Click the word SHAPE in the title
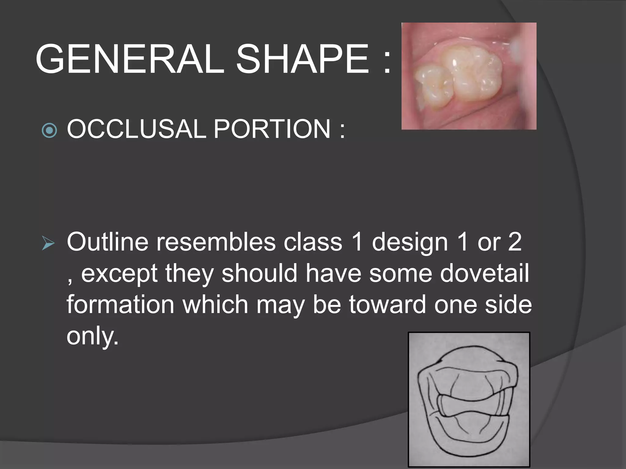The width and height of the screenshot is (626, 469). point(303,59)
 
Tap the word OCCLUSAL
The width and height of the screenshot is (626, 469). point(136,129)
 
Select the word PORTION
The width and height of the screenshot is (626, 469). point(272,129)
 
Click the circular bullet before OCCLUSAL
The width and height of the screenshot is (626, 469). point(49,131)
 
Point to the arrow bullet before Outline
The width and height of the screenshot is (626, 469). point(48,244)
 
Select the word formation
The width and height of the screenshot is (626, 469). point(120,304)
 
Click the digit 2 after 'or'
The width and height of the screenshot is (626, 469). point(515,242)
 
